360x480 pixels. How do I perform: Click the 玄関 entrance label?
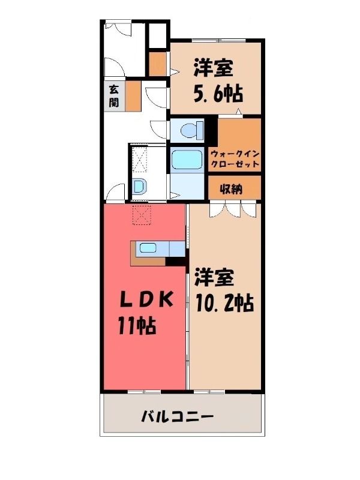[x=113, y=95]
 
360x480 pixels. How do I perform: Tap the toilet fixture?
[x=192, y=130]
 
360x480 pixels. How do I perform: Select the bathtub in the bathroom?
[x=187, y=160]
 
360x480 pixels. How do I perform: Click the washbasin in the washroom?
[x=140, y=186]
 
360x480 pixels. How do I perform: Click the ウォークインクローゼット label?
[x=235, y=159]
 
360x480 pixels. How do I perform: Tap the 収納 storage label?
[x=231, y=189]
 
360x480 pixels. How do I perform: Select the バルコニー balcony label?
[x=177, y=416]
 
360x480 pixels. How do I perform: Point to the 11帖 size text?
[x=137, y=325]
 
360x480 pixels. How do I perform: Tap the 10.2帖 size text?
[x=225, y=303]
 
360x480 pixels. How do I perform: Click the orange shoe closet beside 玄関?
[x=133, y=96]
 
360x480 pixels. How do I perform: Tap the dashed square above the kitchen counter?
[x=142, y=215]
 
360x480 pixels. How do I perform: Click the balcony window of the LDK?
[x=144, y=392]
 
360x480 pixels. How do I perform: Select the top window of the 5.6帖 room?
[x=218, y=40]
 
